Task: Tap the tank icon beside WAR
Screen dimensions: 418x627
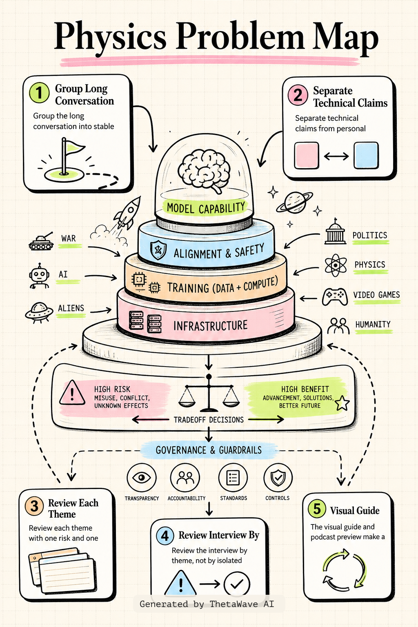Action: tap(41, 241)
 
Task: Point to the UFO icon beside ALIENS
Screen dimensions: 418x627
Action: tap(39, 312)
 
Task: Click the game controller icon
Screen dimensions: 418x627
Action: tap(335, 297)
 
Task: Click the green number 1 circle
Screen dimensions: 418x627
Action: tap(39, 93)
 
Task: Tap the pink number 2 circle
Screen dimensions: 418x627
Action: tap(298, 95)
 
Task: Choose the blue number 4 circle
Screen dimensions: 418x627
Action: tap(165, 536)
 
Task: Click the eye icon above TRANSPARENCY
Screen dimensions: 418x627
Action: tap(141, 478)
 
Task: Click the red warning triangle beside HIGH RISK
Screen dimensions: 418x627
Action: tap(72, 393)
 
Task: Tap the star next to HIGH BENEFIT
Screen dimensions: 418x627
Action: tap(342, 403)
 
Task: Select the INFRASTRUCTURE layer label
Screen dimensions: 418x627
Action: tap(210, 325)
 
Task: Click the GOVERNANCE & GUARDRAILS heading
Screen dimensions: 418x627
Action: tap(209, 450)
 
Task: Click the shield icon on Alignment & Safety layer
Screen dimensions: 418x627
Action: tap(158, 250)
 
